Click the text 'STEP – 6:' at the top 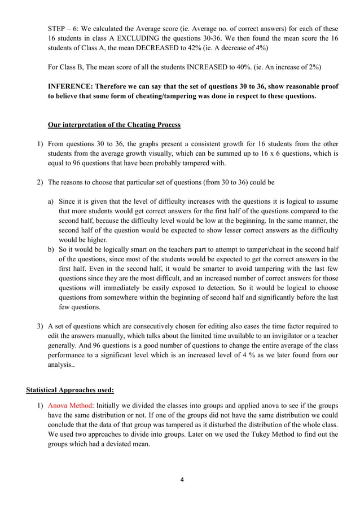tap(64, 27)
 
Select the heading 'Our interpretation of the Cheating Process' tap(114, 124)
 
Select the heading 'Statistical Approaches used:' tap(65, 389)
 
